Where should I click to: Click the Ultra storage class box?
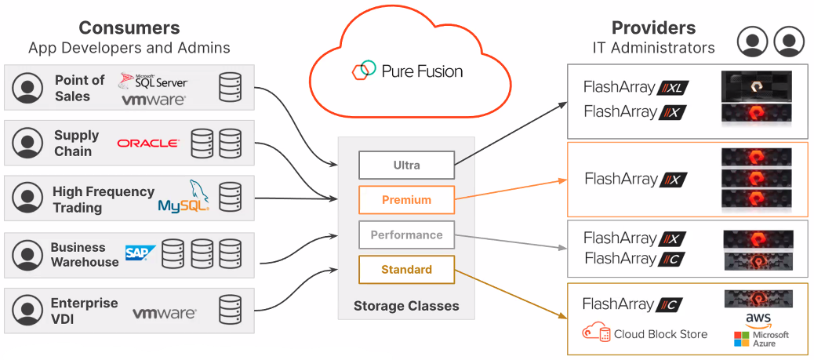406,165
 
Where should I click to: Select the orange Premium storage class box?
406,200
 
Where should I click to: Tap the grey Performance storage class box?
406,235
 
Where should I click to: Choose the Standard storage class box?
406,270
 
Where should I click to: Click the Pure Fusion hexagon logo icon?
363,71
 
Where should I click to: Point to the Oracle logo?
147,143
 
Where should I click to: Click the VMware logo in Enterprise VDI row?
164,314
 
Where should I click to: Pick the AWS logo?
758,319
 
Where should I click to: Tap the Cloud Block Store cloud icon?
595,333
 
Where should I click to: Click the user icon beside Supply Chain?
28,143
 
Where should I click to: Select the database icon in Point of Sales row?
230,85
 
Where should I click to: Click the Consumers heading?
129,27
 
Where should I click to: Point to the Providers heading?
653,27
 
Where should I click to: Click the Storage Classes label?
406,306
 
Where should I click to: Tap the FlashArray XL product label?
636,88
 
